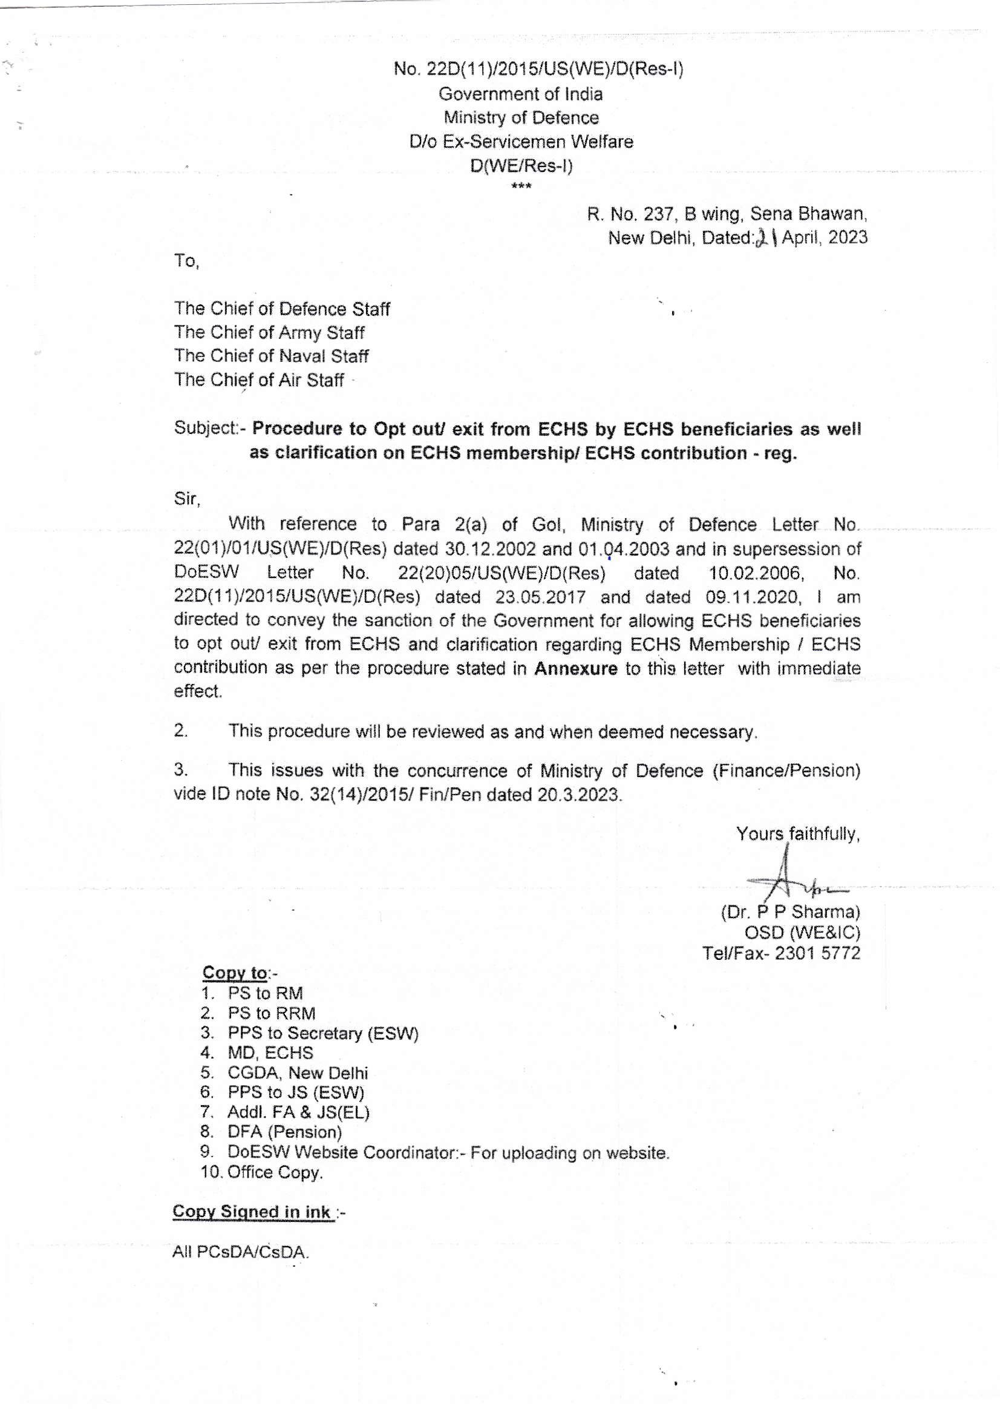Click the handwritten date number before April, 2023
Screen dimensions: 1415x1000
[x=766, y=237]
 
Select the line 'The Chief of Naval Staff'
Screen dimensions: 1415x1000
[x=271, y=356]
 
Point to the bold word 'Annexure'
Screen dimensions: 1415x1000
[x=575, y=668]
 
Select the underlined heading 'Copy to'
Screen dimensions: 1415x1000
[x=235, y=973]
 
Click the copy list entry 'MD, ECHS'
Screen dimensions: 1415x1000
[x=270, y=1052]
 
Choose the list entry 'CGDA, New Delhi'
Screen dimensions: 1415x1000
[x=298, y=1072]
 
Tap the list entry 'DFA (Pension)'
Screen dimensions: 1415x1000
[x=284, y=1132]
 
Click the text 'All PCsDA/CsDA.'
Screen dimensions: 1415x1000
[x=241, y=1252]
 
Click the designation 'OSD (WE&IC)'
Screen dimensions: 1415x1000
[x=802, y=932]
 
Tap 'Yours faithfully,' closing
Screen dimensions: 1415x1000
[x=798, y=834]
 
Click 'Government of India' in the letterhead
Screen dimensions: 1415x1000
[x=521, y=94]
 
